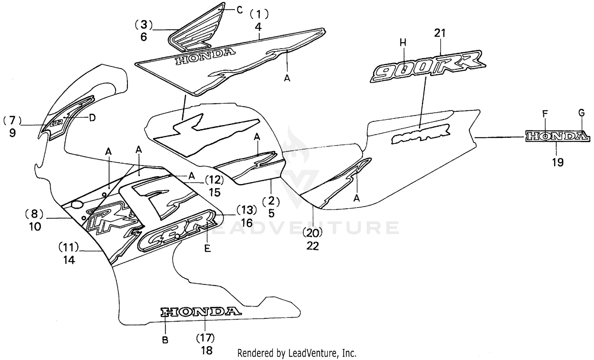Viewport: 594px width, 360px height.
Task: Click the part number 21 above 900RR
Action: [440, 34]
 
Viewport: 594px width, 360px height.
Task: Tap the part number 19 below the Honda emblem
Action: [558, 162]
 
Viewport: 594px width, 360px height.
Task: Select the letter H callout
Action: [403, 43]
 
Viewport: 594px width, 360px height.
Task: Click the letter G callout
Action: [581, 113]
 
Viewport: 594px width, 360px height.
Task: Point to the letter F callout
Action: [545, 113]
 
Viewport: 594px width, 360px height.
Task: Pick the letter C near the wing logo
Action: [240, 10]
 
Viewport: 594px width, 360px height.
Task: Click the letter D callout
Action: [92, 118]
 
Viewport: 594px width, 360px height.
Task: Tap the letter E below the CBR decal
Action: [207, 249]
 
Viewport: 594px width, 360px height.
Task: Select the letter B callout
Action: [166, 339]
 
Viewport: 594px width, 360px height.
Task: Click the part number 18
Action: [207, 350]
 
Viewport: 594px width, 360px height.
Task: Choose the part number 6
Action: [143, 37]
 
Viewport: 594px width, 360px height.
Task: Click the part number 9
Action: [13, 133]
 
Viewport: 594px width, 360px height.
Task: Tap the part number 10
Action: [35, 227]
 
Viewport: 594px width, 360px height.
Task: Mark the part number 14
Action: [69, 260]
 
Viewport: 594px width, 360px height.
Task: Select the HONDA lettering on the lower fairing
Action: [200, 312]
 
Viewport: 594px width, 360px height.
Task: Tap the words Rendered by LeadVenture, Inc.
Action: [297, 352]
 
